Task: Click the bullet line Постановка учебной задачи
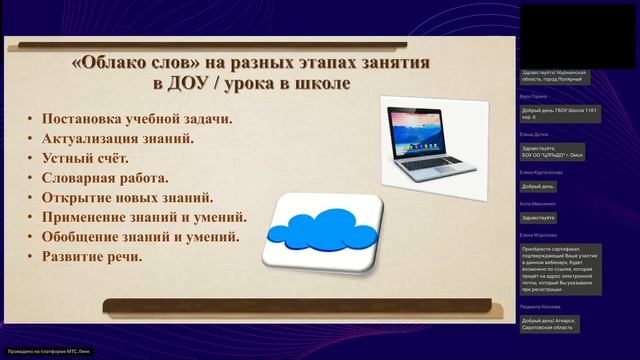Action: tap(137, 120)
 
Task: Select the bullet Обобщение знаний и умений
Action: tap(140, 237)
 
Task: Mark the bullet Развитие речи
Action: tap(92, 256)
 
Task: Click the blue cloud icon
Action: tap(321, 231)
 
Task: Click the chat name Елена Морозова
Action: tap(540, 235)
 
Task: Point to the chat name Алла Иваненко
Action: tap(538, 203)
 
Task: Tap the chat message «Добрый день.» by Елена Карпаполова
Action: tap(539, 186)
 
